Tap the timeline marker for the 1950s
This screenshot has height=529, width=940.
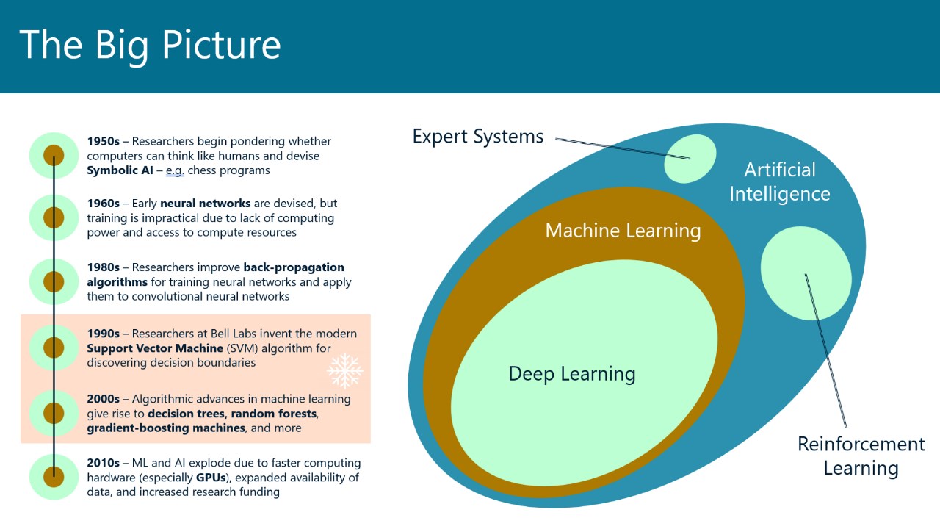click(x=54, y=156)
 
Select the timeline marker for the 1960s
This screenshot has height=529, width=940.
click(x=54, y=217)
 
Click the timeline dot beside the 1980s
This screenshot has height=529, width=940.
click(x=54, y=281)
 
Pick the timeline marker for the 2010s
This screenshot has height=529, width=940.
click(x=54, y=477)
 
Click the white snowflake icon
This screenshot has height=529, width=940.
click(x=344, y=370)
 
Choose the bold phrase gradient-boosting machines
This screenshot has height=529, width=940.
click(x=165, y=428)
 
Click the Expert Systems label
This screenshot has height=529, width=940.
click(x=478, y=137)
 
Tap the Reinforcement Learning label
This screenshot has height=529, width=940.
click(x=861, y=456)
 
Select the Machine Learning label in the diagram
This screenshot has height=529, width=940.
click(x=623, y=231)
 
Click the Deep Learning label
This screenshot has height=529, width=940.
click(x=572, y=373)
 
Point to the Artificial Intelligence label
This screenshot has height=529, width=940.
click(x=779, y=181)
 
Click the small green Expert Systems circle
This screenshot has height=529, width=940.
click(x=690, y=159)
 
